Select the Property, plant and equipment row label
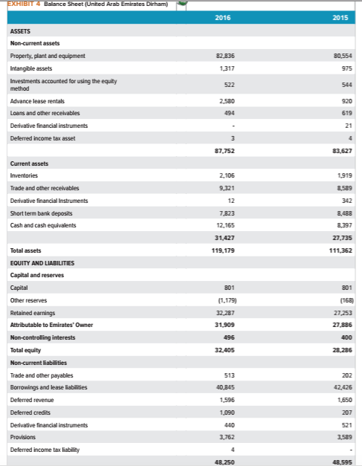tap(48, 56)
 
